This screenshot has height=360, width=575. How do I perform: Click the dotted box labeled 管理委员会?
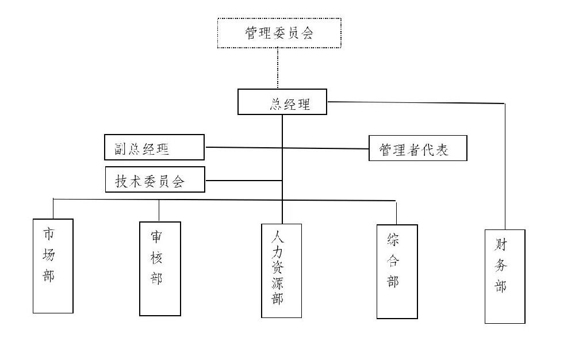279,33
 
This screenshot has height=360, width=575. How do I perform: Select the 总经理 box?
282,102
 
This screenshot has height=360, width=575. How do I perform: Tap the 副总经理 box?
154,147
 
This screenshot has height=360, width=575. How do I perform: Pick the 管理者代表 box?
417,148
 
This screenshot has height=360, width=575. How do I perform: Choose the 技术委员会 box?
155,179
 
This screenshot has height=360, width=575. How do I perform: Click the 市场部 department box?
53,266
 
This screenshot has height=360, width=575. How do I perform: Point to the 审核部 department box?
160,269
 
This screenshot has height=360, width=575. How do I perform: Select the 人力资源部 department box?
281,270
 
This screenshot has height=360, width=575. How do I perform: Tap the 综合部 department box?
397,271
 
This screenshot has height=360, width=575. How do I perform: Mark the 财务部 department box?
505,276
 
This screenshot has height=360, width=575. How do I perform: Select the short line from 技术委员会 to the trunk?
243,181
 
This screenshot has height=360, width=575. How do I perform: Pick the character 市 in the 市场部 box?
49,234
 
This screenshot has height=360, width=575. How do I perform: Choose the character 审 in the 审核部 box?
156,236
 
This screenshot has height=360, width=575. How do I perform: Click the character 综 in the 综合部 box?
393,239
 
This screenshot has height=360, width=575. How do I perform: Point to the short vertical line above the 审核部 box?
159,210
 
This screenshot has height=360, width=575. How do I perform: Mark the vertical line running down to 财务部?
505,167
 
